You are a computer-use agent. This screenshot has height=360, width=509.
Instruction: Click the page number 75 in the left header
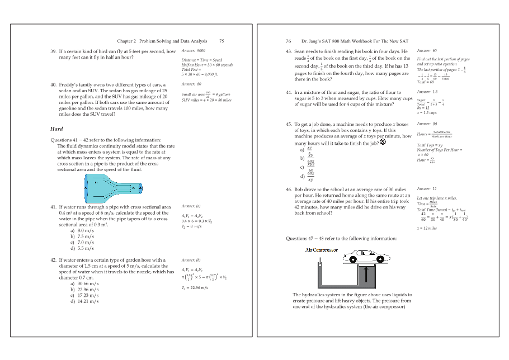221,41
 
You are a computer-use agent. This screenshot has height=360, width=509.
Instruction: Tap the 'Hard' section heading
56,129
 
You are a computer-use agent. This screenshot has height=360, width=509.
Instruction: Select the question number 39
54,51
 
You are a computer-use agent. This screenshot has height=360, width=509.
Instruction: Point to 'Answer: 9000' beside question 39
194,51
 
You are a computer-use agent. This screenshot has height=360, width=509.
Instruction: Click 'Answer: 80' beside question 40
192,84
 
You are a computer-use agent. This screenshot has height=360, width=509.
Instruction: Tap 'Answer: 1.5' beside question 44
427,92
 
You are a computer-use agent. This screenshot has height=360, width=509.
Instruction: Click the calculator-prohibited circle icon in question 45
383,141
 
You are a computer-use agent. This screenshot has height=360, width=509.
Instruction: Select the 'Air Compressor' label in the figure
322,250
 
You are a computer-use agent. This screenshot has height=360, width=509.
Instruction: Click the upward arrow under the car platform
366,275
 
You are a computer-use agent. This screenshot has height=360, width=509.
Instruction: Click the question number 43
289,51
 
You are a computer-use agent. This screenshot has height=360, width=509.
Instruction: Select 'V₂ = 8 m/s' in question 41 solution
191,226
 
